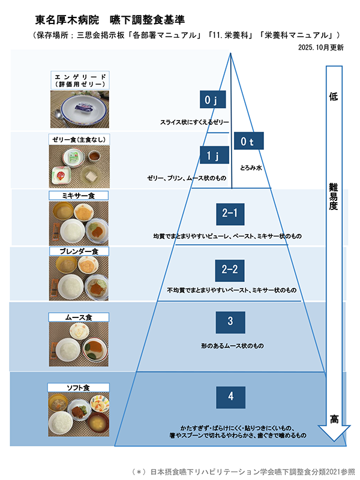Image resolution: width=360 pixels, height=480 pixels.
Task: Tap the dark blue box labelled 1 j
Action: pyautogui.click(x=211, y=156)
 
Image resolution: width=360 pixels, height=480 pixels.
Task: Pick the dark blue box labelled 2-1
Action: pyautogui.click(x=230, y=212)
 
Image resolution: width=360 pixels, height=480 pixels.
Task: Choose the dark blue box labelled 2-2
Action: pyautogui.click(x=230, y=269)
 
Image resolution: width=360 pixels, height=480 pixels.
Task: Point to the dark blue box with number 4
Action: pyautogui.click(x=230, y=396)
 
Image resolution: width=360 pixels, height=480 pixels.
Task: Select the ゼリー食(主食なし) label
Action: pyautogui.click(x=79, y=139)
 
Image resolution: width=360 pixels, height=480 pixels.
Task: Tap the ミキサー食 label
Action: pyautogui.click(x=79, y=196)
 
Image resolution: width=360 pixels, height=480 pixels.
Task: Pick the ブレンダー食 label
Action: pyautogui.click(x=79, y=250)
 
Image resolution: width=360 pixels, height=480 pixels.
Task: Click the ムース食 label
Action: pyautogui.click(x=79, y=317)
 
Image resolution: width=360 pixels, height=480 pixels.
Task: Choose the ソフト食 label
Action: pyautogui.click(x=79, y=388)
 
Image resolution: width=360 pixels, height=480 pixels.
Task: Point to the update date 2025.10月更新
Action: pyautogui.click(x=320, y=47)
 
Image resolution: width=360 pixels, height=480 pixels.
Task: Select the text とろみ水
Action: pyautogui.click(x=251, y=169)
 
